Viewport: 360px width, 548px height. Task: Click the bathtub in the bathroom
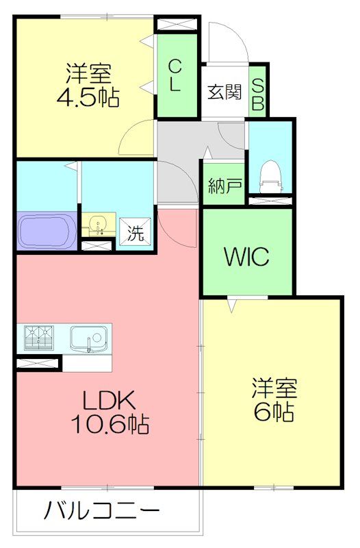[47, 232]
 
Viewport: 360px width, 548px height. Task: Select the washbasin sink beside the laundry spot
[98, 225]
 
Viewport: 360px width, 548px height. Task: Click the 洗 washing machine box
[134, 233]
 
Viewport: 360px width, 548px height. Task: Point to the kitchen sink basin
[88, 338]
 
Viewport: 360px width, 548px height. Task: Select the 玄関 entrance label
[224, 92]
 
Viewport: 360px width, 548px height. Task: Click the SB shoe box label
[258, 92]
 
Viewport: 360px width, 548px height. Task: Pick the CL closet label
[175, 75]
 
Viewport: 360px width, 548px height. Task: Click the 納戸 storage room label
[223, 184]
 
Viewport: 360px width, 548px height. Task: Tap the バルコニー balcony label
[103, 510]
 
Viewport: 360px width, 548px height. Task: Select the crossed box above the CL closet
[177, 25]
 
